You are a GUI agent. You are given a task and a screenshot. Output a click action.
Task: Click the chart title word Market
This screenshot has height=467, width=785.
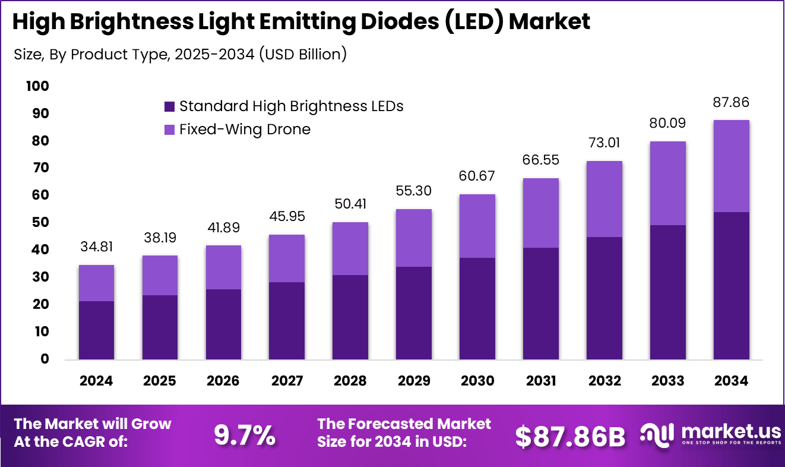click(x=550, y=22)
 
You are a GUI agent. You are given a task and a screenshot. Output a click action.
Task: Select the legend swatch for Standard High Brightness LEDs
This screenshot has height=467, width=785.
click(x=169, y=107)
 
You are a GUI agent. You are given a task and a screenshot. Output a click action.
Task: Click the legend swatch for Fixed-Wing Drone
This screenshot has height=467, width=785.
click(x=169, y=130)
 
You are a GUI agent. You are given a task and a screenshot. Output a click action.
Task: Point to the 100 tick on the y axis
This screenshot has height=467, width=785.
click(x=37, y=87)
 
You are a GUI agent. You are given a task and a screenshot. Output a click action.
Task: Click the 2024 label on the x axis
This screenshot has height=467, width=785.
click(x=96, y=381)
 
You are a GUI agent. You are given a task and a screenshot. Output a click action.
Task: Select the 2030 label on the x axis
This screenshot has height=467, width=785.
click(x=477, y=381)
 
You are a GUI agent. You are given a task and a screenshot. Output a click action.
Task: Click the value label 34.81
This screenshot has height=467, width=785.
click(x=96, y=247)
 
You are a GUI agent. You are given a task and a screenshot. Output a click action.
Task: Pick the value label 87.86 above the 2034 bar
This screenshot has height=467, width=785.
click(x=730, y=102)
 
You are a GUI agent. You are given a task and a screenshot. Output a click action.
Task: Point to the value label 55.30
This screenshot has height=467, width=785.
click(x=413, y=191)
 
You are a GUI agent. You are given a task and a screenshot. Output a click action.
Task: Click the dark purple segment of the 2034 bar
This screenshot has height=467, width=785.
click(x=730, y=285)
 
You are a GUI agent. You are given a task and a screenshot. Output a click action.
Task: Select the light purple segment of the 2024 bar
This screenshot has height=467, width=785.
click(x=96, y=283)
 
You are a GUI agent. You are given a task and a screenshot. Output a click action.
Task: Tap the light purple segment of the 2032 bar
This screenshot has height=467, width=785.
click(x=604, y=199)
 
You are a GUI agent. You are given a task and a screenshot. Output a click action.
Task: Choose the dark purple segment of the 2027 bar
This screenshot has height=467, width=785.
click(x=286, y=320)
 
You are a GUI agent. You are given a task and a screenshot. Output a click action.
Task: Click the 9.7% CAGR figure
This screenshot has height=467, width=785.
click(x=245, y=436)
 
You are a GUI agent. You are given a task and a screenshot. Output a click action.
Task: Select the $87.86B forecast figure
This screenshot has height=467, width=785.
click(x=570, y=437)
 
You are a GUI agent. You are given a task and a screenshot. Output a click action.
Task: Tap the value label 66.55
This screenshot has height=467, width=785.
click(x=540, y=160)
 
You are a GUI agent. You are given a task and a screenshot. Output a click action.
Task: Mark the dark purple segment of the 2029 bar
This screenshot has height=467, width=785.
click(x=413, y=313)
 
